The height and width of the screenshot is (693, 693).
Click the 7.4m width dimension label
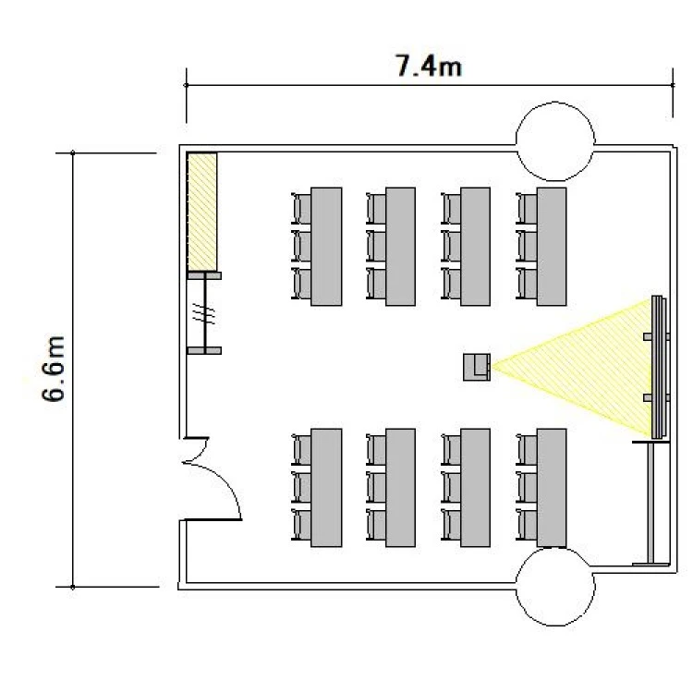click(428, 66)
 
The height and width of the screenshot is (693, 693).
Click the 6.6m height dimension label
click(54, 369)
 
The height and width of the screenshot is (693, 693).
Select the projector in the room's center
click(477, 367)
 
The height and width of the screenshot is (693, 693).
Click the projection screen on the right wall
click(658, 367)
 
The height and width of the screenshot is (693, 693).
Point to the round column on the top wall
click(555, 141)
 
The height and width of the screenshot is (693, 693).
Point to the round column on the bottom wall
click(555, 587)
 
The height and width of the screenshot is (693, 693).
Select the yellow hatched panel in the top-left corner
click(202, 212)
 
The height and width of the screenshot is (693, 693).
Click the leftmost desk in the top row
click(326, 247)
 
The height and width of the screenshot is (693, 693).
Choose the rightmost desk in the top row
click(552, 247)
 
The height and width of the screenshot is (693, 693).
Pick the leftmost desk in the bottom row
click(326, 488)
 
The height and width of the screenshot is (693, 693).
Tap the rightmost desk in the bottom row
click(552, 488)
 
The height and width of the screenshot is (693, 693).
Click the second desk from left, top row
click(400, 247)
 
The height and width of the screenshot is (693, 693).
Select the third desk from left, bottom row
click(475, 488)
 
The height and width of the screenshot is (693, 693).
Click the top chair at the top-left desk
click(301, 209)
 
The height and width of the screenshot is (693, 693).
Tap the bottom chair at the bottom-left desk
click(301, 524)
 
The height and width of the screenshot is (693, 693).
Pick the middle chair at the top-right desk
click(527, 246)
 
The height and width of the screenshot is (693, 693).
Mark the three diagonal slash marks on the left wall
click(204, 314)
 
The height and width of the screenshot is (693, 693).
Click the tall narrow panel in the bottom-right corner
click(650, 503)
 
